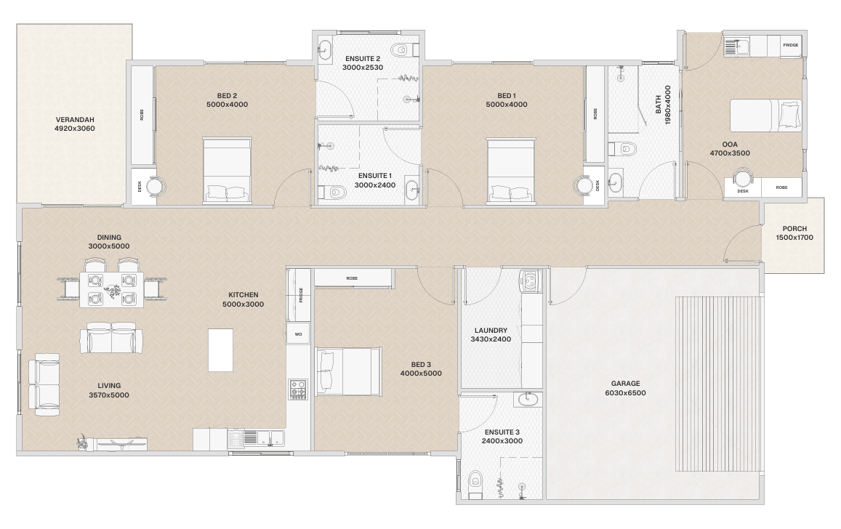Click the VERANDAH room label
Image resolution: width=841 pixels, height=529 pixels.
point(75,119)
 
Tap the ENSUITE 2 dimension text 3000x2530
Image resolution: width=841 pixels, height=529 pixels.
point(363,68)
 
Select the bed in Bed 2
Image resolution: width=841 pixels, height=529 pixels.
point(227,171)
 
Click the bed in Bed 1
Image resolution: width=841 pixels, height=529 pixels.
point(511,171)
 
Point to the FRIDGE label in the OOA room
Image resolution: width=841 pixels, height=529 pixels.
point(791,45)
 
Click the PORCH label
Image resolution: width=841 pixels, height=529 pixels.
point(794,228)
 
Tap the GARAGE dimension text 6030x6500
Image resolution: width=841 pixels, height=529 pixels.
point(625,393)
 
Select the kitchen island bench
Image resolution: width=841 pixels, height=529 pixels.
point(220,350)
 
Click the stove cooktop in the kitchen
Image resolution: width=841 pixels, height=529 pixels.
point(298,389)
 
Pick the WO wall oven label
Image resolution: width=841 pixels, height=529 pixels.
point(298,334)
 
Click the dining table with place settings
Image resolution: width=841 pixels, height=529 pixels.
point(111,289)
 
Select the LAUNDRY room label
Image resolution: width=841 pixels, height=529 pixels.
point(491,330)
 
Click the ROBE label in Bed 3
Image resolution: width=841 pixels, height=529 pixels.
point(352,278)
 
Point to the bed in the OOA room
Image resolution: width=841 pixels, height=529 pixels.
point(766,116)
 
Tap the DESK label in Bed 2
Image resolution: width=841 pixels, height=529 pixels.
point(140,187)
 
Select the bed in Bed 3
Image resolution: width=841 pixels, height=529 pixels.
point(349,371)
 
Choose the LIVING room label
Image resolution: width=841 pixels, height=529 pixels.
point(109,385)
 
